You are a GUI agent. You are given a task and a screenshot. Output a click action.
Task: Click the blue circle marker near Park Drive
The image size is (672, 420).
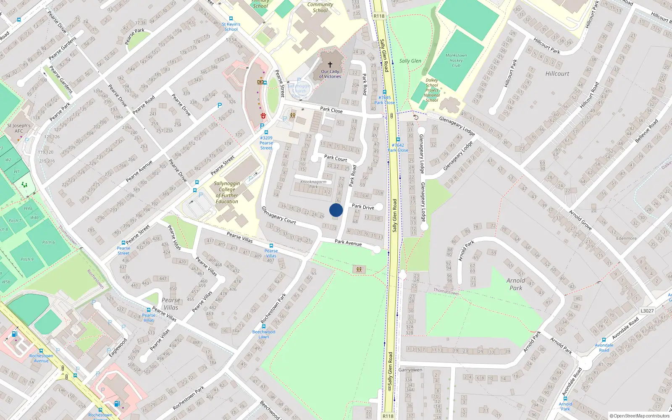(x=336, y=210)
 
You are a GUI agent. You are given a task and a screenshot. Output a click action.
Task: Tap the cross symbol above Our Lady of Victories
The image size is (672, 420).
(x=330, y=65)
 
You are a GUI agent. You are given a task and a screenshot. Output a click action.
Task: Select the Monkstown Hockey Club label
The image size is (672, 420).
(x=456, y=60)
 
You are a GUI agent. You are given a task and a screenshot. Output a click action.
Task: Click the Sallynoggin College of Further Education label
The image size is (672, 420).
(x=227, y=192)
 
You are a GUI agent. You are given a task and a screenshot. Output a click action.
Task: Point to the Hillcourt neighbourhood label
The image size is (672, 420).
(x=557, y=73)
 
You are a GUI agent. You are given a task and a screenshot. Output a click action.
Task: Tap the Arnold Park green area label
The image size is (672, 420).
(x=516, y=284)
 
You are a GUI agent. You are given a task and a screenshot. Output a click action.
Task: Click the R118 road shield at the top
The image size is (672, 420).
(x=379, y=16)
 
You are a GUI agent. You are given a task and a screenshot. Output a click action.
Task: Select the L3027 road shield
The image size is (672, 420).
(x=647, y=311)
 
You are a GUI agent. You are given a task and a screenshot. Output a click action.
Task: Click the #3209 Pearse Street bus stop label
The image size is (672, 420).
(x=266, y=143)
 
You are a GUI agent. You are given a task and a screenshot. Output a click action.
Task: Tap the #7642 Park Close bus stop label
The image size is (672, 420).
(x=398, y=147)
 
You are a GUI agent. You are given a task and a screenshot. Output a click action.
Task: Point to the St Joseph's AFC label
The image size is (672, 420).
(x=19, y=128)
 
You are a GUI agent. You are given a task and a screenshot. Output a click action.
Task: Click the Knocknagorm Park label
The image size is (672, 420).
(x=313, y=184)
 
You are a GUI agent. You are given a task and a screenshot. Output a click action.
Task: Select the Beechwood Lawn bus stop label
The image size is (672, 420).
(x=264, y=334)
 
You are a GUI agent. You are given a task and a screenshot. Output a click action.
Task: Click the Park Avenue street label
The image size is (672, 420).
(x=348, y=242)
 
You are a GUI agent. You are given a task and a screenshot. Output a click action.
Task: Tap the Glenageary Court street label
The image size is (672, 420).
(x=278, y=215)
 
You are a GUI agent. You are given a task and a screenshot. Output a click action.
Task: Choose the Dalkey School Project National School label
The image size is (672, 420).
(x=432, y=90)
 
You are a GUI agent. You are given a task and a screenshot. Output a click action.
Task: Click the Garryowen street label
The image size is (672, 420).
(x=410, y=370)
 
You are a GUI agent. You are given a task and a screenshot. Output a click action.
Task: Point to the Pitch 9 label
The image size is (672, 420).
(x=27, y=259)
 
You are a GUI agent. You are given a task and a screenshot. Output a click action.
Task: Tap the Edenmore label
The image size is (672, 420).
(x=626, y=239)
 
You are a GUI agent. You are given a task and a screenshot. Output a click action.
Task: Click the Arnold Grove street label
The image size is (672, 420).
(x=580, y=220)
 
